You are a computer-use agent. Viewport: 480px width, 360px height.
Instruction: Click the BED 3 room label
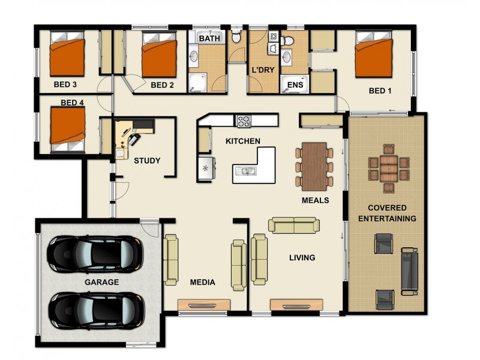[x=65, y=85]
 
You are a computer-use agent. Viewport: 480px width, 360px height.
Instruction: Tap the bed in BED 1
[x=375, y=55]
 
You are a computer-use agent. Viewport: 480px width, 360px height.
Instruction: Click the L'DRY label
[x=262, y=70]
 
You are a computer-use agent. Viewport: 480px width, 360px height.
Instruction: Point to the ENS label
[x=295, y=85]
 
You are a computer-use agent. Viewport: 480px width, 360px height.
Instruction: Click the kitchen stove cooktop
[x=244, y=121]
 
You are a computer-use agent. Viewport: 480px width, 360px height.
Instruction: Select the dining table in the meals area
[x=314, y=164]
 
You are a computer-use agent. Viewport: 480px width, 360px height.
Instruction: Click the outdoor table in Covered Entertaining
[x=388, y=168]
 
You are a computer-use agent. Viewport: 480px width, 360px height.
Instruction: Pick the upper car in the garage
[x=95, y=253]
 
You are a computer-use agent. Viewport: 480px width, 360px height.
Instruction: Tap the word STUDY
[x=146, y=160]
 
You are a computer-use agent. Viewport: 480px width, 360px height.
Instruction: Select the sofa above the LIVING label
[x=294, y=225]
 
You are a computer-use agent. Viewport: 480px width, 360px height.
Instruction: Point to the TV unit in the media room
[x=203, y=305]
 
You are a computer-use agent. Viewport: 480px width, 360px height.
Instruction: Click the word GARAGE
[x=101, y=281]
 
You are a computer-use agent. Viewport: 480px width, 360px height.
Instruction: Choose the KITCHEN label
[x=242, y=141]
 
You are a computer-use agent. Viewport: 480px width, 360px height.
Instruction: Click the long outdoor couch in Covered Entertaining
[x=410, y=271]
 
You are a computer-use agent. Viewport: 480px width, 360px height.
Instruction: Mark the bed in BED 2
[x=159, y=56]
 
